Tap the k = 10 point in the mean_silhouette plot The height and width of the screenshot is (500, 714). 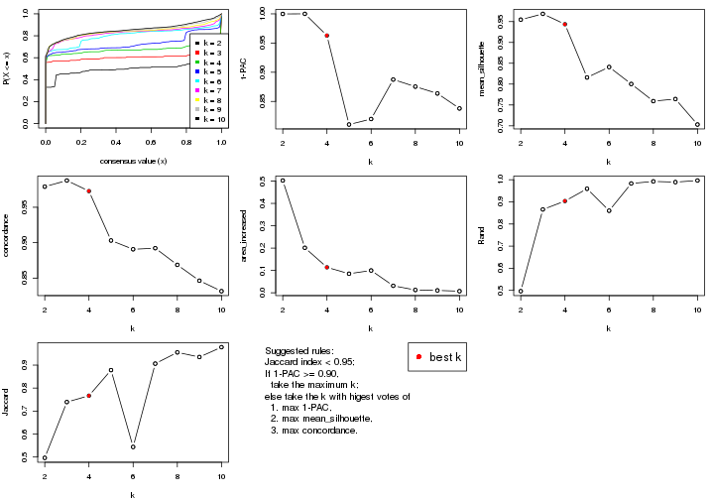pyautogui.click(x=697, y=125)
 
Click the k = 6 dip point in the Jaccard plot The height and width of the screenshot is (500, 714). pyautogui.click(x=133, y=446)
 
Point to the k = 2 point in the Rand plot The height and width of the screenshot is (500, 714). pyautogui.click(x=521, y=291)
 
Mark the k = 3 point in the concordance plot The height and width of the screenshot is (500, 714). pyautogui.click(x=66, y=181)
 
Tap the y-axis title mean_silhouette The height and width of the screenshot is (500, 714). pyautogui.click(x=489, y=68)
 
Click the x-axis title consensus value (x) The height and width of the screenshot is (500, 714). pyautogui.click(x=133, y=162)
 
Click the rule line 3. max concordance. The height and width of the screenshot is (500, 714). pyautogui.click(x=318, y=431)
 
